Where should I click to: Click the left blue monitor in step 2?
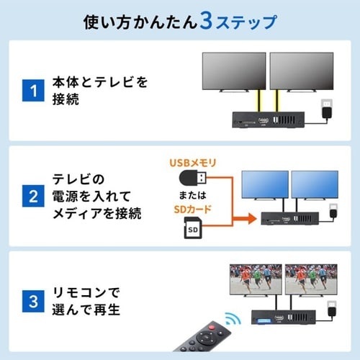(264, 185)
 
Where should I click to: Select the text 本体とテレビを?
(100, 82)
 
